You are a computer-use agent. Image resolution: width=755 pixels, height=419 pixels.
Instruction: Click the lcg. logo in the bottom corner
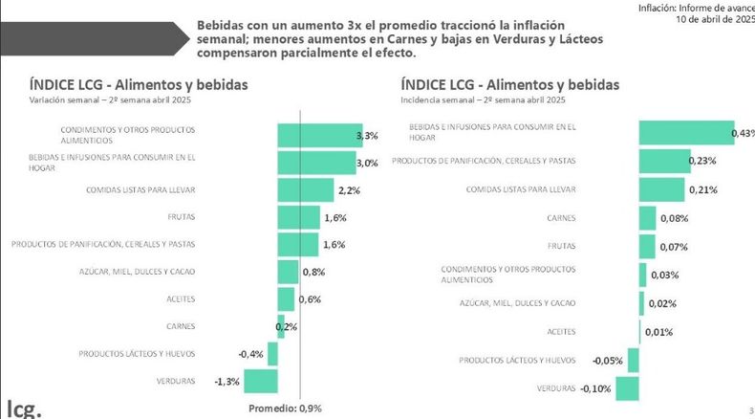click(x=22, y=406)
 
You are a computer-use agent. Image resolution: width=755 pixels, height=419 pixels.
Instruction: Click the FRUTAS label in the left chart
click(x=181, y=217)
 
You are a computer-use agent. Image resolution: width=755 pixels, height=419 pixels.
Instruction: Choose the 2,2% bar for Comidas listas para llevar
click(x=305, y=190)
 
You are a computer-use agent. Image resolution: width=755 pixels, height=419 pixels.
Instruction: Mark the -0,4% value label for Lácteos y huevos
click(x=250, y=354)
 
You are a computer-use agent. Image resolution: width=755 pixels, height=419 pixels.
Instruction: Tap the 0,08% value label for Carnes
click(x=674, y=219)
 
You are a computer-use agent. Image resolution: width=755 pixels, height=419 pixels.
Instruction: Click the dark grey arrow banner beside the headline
click(x=91, y=37)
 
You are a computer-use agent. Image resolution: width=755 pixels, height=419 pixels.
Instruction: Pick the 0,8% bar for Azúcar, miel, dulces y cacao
click(x=288, y=272)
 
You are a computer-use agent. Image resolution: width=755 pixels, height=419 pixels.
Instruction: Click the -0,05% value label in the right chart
click(x=607, y=361)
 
